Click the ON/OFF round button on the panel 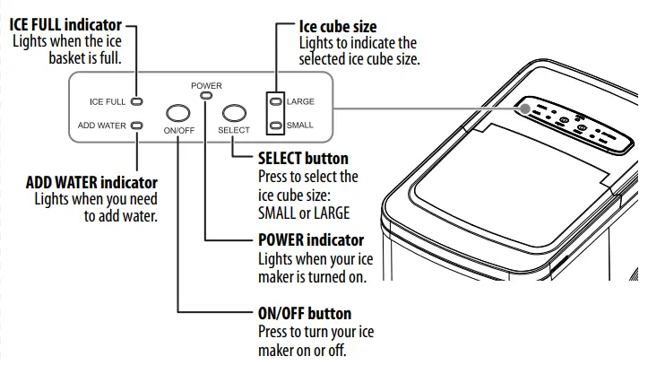pos(178,113)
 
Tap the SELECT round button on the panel pos(234,113)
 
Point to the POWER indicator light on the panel pos(206,95)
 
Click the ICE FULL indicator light pos(137,102)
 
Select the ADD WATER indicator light pos(137,126)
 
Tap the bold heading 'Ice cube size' pos(338,27)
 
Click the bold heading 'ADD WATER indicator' pos(91,183)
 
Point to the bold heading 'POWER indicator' pos(310,240)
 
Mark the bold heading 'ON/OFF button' pos(304,314)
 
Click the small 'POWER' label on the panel pos(206,85)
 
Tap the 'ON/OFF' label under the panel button pos(178,131)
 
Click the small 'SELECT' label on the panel pos(234,131)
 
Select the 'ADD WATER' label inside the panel pos(101,126)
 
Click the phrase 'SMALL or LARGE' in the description pos(303,213)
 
